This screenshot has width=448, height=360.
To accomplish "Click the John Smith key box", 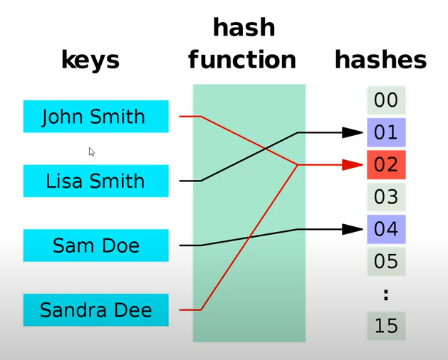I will tap(95, 117).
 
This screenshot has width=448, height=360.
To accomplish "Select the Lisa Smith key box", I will tap(95, 181).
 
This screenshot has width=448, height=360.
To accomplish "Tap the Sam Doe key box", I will tap(95, 245).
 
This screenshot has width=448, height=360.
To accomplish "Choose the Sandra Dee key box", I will tap(95, 310).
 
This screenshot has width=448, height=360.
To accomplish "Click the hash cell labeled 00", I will tap(386, 100).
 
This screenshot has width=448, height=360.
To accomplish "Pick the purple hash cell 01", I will tap(386, 132).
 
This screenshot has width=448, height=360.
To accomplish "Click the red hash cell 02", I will tap(386, 165).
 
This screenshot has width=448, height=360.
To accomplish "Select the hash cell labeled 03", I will tap(386, 197).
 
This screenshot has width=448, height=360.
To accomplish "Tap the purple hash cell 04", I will tap(386, 229).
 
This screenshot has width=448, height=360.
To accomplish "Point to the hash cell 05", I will tap(386, 261).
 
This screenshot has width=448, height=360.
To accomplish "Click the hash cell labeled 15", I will tap(386, 326).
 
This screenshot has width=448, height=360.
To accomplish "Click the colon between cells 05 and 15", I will tap(386, 294).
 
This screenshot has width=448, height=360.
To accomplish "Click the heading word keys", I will tap(90, 60).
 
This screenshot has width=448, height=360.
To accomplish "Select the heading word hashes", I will tap(380, 60).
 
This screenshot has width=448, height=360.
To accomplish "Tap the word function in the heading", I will tap(242, 60).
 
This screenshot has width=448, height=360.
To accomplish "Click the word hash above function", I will tap(244, 28).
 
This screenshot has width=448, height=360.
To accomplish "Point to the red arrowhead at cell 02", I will tap(353, 165).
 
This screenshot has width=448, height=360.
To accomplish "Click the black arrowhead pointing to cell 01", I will tap(353, 132).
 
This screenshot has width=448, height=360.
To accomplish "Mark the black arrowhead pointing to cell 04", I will tap(353, 229).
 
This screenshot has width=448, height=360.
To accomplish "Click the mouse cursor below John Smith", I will tap(91, 151).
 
